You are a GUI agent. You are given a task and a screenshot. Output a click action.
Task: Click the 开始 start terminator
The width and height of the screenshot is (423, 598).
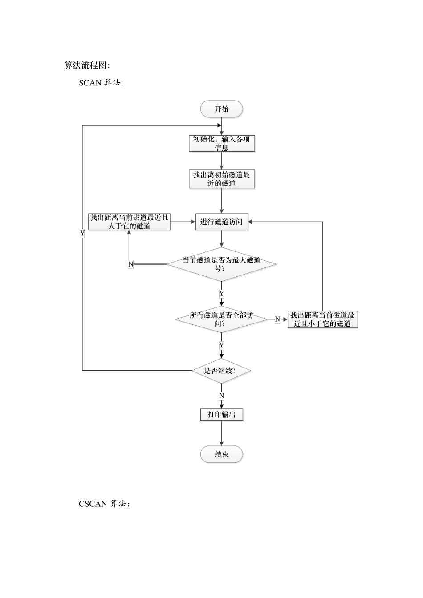click(x=221, y=109)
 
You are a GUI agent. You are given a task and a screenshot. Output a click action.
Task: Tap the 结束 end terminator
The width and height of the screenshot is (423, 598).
click(x=221, y=454)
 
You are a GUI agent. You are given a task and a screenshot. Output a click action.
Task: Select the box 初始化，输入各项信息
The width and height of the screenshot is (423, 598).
click(x=222, y=143)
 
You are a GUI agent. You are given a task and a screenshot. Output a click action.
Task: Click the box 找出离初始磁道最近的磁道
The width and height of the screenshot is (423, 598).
click(x=222, y=179)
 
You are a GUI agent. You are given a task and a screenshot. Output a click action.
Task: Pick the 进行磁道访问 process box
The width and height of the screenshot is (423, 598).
click(x=222, y=222)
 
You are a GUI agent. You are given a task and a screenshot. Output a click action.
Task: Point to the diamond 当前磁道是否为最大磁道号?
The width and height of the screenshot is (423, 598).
click(x=221, y=264)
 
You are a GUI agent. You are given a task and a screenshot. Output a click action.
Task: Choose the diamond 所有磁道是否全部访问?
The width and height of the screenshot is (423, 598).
click(x=221, y=319)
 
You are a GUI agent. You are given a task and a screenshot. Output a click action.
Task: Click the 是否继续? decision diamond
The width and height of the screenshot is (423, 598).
click(x=221, y=370)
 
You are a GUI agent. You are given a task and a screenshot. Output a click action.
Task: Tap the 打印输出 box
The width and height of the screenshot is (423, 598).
click(x=221, y=415)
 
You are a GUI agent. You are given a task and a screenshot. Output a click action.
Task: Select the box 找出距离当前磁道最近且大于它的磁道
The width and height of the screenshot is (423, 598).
click(x=129, y=222)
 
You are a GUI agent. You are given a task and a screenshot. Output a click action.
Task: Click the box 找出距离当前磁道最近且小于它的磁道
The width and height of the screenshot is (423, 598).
click(x=322, y=319)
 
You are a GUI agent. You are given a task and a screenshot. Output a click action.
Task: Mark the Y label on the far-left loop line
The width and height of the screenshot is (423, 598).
click(x=82, y=233)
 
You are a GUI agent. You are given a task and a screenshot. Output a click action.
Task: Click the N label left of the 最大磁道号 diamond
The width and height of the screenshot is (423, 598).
click(x=131, y=264)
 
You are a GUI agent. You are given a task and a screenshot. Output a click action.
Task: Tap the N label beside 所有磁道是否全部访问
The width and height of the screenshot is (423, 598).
click(x=277, y=319)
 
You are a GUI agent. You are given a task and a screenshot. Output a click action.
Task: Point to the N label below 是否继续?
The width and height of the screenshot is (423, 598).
click(x=221, y=396)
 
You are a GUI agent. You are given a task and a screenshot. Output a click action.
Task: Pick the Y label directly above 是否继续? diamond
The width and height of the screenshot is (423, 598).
click(x=221, y=345)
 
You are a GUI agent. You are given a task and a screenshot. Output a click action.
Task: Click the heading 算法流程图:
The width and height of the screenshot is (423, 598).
click(x=87, y=65)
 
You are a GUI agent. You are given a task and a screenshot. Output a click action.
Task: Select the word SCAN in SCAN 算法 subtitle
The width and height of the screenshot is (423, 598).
click(x=90, y=83)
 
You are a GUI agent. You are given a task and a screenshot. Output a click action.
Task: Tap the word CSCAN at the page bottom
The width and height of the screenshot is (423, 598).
click(x=93, y=504)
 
